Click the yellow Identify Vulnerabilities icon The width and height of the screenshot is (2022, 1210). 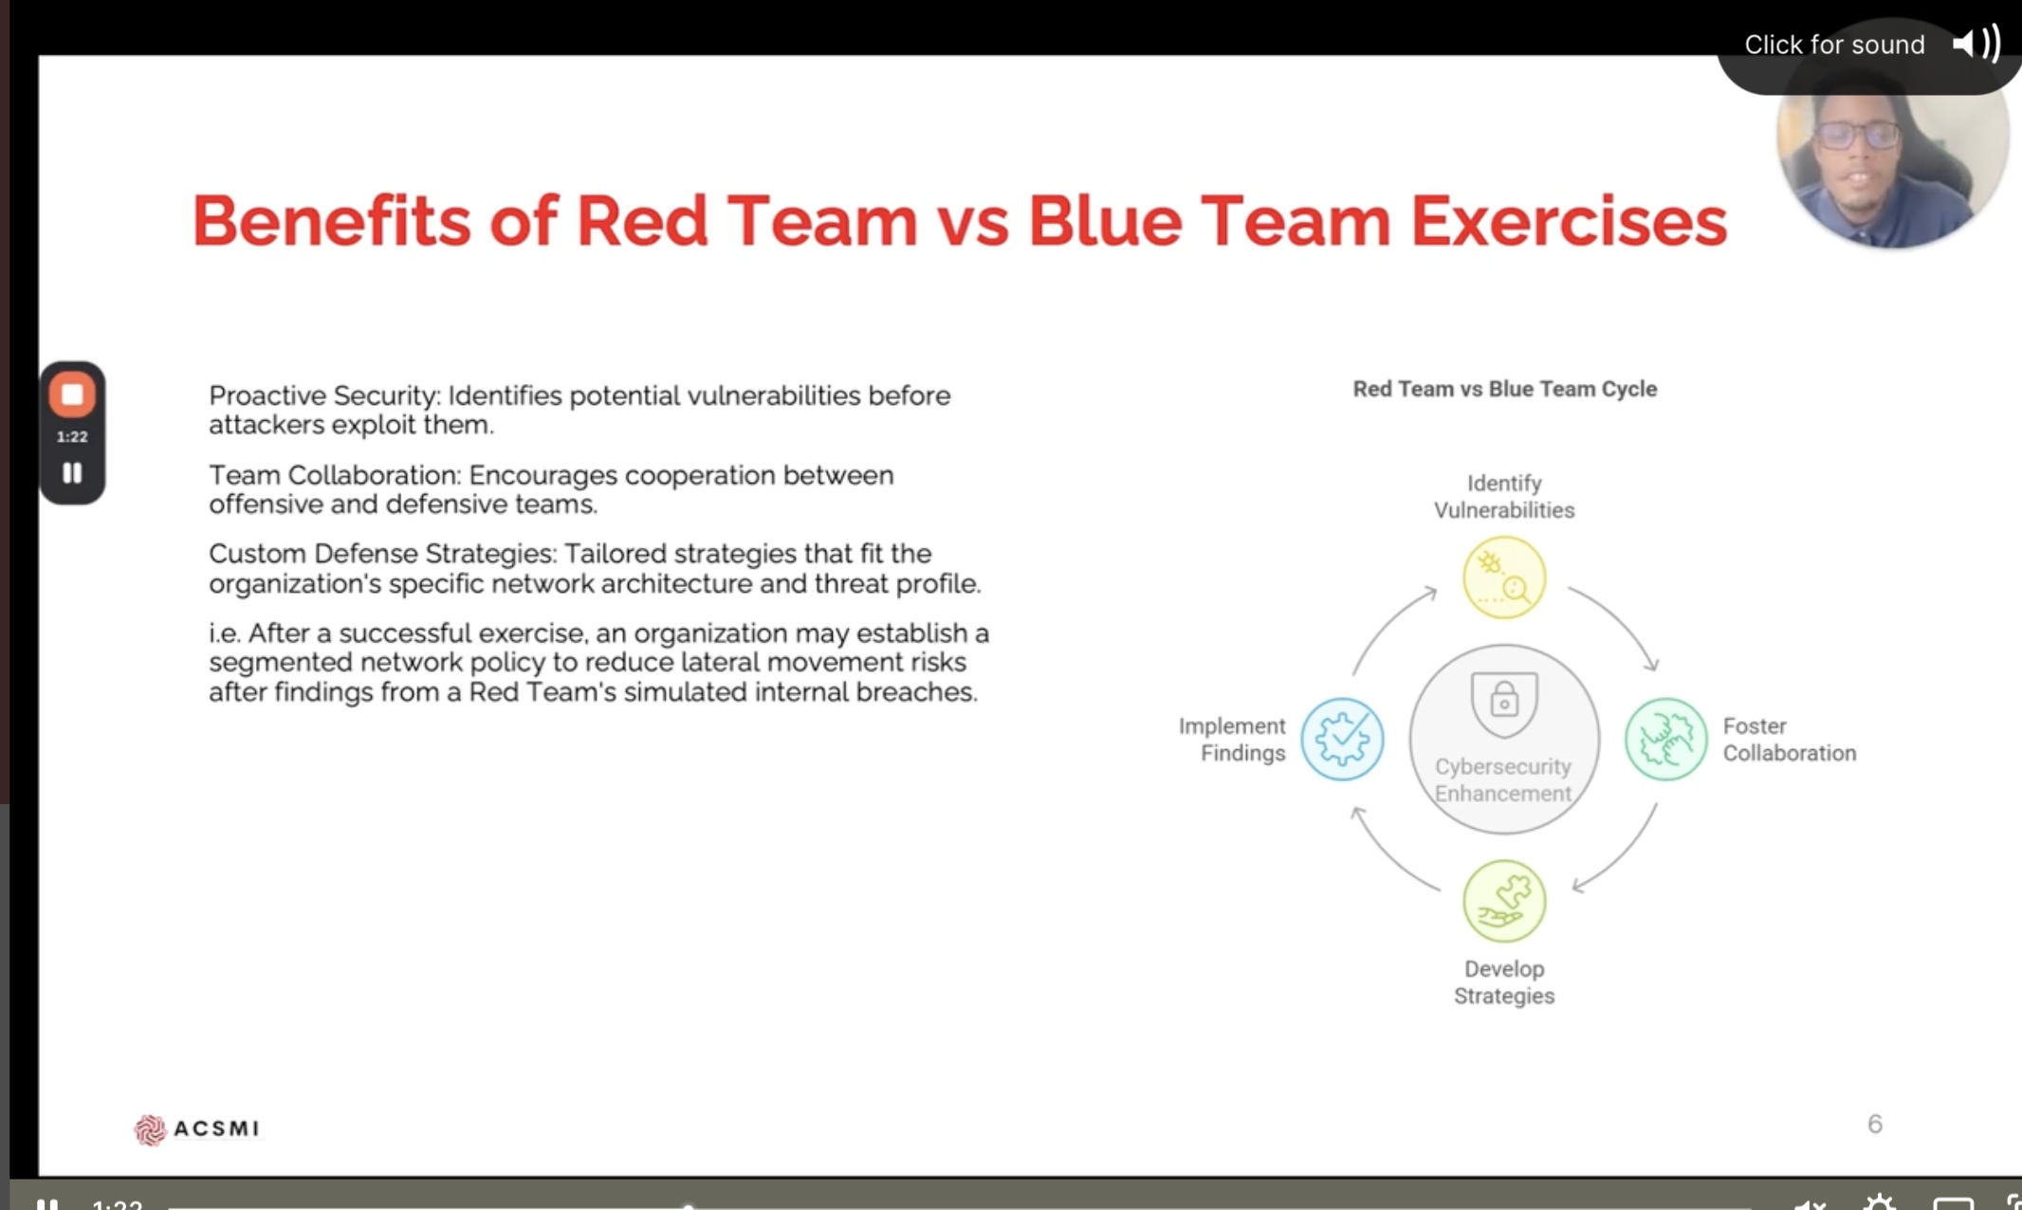click(x=1504, y=577)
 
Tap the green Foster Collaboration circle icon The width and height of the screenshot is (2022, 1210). click(x=1665, y=740)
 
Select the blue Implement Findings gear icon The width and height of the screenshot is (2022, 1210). click(x=1342, y=740)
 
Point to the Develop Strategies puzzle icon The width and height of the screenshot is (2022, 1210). click(x=1504, y=901)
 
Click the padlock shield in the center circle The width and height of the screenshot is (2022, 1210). click(x=1504, y=703)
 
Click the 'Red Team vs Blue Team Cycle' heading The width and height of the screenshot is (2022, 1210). click(x=1504, y=389)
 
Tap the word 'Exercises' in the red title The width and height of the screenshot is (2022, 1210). click(x=1569, y=221)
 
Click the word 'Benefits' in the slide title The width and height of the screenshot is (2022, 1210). click(x=331, y=221)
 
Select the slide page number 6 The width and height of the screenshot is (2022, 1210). click(x=1875, y=1124)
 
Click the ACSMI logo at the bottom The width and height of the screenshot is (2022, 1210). click(x=196, y=1128)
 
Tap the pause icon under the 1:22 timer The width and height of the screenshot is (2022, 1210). click(x=72, y=473)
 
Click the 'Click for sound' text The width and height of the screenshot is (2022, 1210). click(x=1834, y=45)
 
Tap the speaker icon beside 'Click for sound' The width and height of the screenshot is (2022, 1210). click(x=1976, y=44)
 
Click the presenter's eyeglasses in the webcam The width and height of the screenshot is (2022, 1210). click(x=1857, y=136)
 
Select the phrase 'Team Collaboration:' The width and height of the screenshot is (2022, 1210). click(x=335, y=475)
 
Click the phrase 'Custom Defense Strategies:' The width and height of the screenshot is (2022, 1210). click(x=383, y=554)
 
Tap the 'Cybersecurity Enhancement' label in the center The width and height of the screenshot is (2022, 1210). click(x=1503, y=779)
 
